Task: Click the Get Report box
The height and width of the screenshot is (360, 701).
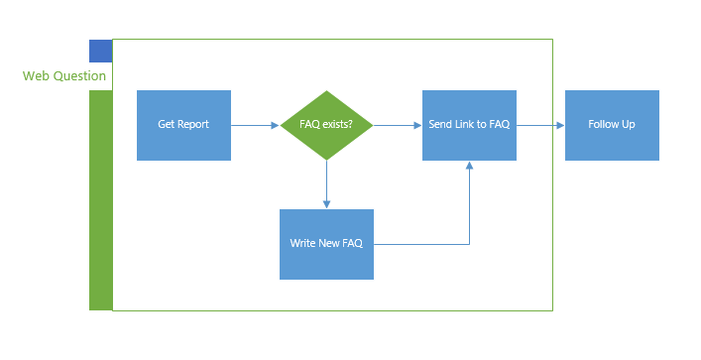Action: click(x=183, y=125)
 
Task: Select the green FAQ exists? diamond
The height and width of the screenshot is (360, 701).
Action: click(x=326, y=125)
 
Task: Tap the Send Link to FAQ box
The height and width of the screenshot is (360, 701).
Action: click(x=469, y=125)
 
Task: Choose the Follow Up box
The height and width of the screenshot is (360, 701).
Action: click(x=612, y=125)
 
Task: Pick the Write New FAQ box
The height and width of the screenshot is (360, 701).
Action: click(x=326, y=244)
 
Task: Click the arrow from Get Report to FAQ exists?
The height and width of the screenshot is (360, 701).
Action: click(x=255, y=126)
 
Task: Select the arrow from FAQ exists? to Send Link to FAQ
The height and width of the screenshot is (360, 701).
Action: click(x=397, y=126)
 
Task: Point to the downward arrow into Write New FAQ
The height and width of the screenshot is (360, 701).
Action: click(x=326, y=184)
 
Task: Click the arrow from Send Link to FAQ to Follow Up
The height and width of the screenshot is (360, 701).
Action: click(x=540, y=126)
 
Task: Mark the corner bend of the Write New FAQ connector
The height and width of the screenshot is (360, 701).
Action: click(x=469, y=244)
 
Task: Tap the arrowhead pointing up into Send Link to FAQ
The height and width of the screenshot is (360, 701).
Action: click(x=469, y=166)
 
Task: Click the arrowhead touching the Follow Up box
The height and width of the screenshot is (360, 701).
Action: click(x=560, y=126)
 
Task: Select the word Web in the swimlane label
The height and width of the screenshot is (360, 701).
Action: click(x=36, y=76)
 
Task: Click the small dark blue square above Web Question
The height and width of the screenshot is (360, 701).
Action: click(x=100, y=51)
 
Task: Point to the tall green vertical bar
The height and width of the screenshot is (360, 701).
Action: click(x=100, y=199)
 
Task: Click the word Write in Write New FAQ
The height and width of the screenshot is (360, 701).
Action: click(x=303, y=244)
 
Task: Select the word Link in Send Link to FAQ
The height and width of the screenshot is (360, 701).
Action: click(x=469, y=125)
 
